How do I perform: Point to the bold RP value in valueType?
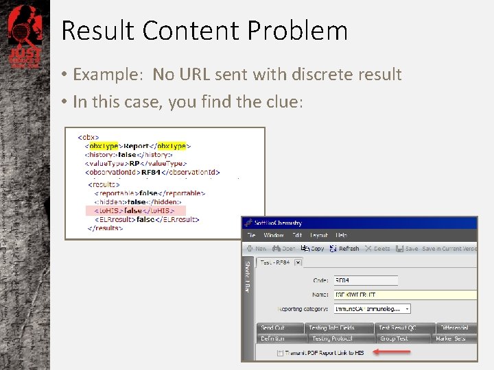tap(135, 164)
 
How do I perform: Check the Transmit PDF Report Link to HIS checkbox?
tap(280, 353)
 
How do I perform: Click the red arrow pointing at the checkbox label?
tap(392, 352)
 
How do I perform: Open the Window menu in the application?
tap(273, 236)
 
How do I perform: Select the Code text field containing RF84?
tap(365, 280)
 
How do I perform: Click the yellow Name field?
tap(404, 294)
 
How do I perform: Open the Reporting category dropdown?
tap(406, 309)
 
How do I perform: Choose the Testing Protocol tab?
tap(332, 338)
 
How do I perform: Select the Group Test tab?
tap(394, 338)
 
